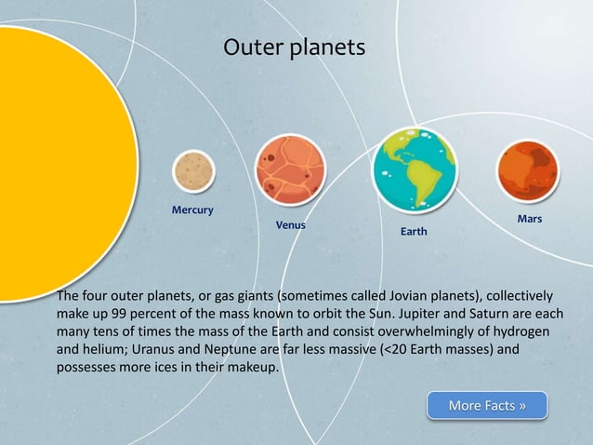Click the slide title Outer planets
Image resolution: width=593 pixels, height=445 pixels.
coord(295,47)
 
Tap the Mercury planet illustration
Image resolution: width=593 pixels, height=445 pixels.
coord(193,171)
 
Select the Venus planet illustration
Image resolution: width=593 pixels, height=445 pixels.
coord(289,169)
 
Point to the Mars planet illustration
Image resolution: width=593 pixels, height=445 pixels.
coord(527,171)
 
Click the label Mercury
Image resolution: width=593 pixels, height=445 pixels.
coord(192,209)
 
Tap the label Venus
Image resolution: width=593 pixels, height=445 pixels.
coord(290,225)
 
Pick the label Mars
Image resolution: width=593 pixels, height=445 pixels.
coord(529,219)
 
